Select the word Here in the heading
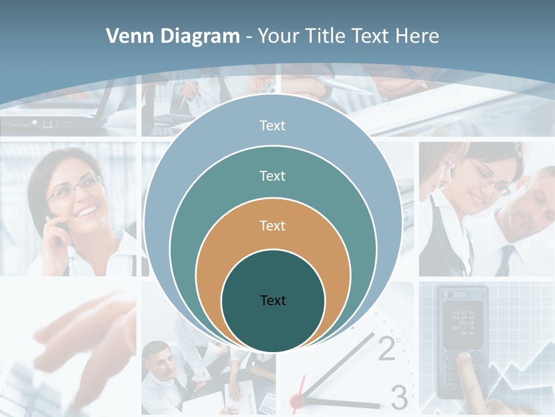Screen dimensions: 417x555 point(417,36)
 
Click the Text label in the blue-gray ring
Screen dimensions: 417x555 point(272,126)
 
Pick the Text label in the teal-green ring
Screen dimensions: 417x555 point(272,175)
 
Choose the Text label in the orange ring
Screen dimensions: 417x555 point(272,225)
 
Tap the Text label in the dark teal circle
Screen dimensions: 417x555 point(273,300)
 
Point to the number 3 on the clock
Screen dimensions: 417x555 point(399,397)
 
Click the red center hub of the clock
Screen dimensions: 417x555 point(297,400)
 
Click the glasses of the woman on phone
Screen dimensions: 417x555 point(75,188)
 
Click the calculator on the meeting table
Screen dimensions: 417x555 point(268,400)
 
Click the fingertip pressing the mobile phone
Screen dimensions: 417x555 point(462,360)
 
